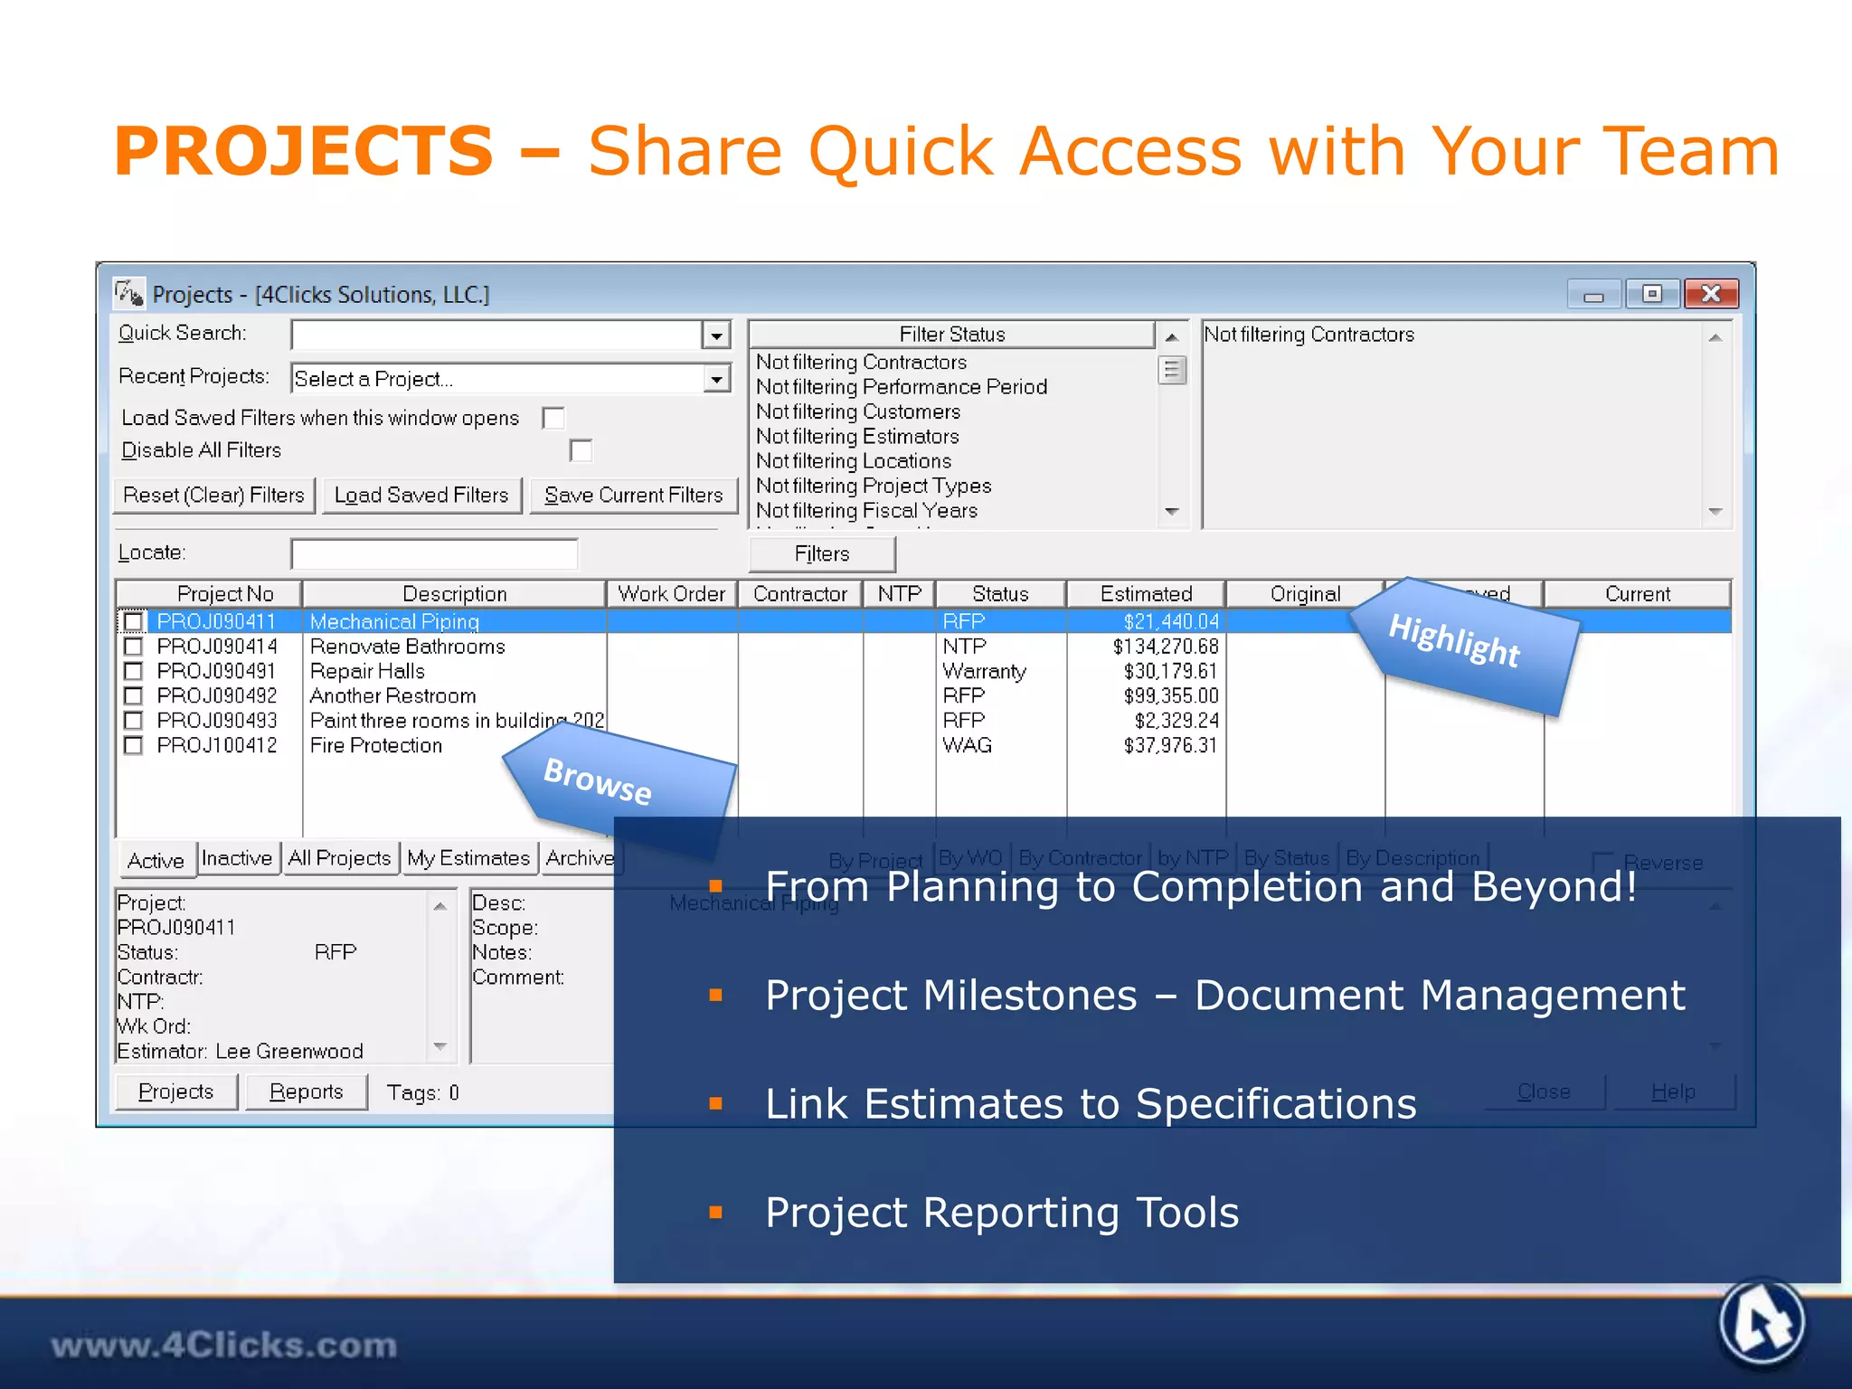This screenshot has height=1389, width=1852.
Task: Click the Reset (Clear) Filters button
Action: pyautogui.click(x=213, y=496)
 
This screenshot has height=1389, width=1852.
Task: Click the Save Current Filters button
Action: pyautogui.click(x=633, y=496)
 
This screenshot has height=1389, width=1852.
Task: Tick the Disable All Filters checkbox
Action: pyautogui.click(x=581, y=450)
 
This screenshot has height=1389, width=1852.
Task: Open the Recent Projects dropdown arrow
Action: pyautogui.click(x=716, y=379)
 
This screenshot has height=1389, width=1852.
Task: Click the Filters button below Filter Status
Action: pyautogui.click(x=821, y=554)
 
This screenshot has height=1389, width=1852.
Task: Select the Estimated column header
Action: pyautogui.click(x=1146, y=594)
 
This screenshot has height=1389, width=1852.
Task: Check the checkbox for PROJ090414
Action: pyautogui.click(x=133, y=647)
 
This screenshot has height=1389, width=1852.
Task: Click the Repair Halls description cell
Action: pyautogui.click(x=367, y=671)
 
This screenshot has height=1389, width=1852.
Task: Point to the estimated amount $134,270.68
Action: pyautogui.click(x=1166, y=647)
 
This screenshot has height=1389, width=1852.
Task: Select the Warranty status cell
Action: pyautogui.click(x=984, y=671)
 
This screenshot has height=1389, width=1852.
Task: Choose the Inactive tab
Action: pyautogui.click(x=237, y=858)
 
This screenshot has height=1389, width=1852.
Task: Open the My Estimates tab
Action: pyautogui.click(x=468, y=858)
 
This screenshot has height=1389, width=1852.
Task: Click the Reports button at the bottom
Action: pyautogui.click(x=306, y=1092)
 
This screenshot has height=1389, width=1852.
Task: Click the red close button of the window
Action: pyautogui.click(x=1710, y=294)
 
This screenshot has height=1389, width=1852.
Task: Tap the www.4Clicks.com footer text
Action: pyautogui.click(x=223, y=1346)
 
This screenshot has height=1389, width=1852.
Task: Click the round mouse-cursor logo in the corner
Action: pyautogui.click(x=1762, y=1322)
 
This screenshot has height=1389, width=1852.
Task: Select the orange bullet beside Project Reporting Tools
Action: pyautogui.click(x=716, y=1213)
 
